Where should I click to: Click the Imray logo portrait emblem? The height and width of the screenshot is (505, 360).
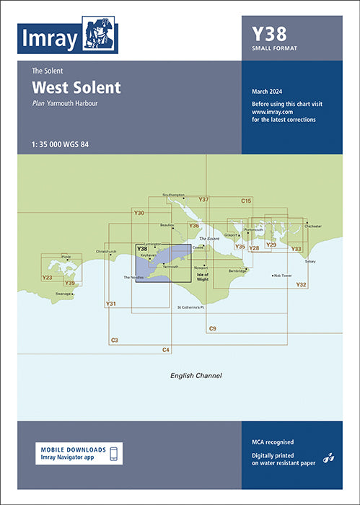[99, 35]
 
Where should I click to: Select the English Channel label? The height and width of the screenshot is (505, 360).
[196, 376]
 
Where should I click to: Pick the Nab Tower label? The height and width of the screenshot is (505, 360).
[281, 276]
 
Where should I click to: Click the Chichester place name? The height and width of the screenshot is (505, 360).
[313, 226]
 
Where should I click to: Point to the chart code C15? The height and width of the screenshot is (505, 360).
[246, 200]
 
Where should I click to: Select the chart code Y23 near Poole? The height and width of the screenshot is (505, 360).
[48, 277]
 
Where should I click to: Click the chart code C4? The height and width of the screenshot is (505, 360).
[166, 349]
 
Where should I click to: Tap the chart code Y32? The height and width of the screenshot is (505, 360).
[302, 285]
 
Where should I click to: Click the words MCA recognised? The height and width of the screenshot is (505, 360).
[273, 442]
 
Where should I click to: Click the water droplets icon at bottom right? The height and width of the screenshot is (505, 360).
[329, 457]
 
